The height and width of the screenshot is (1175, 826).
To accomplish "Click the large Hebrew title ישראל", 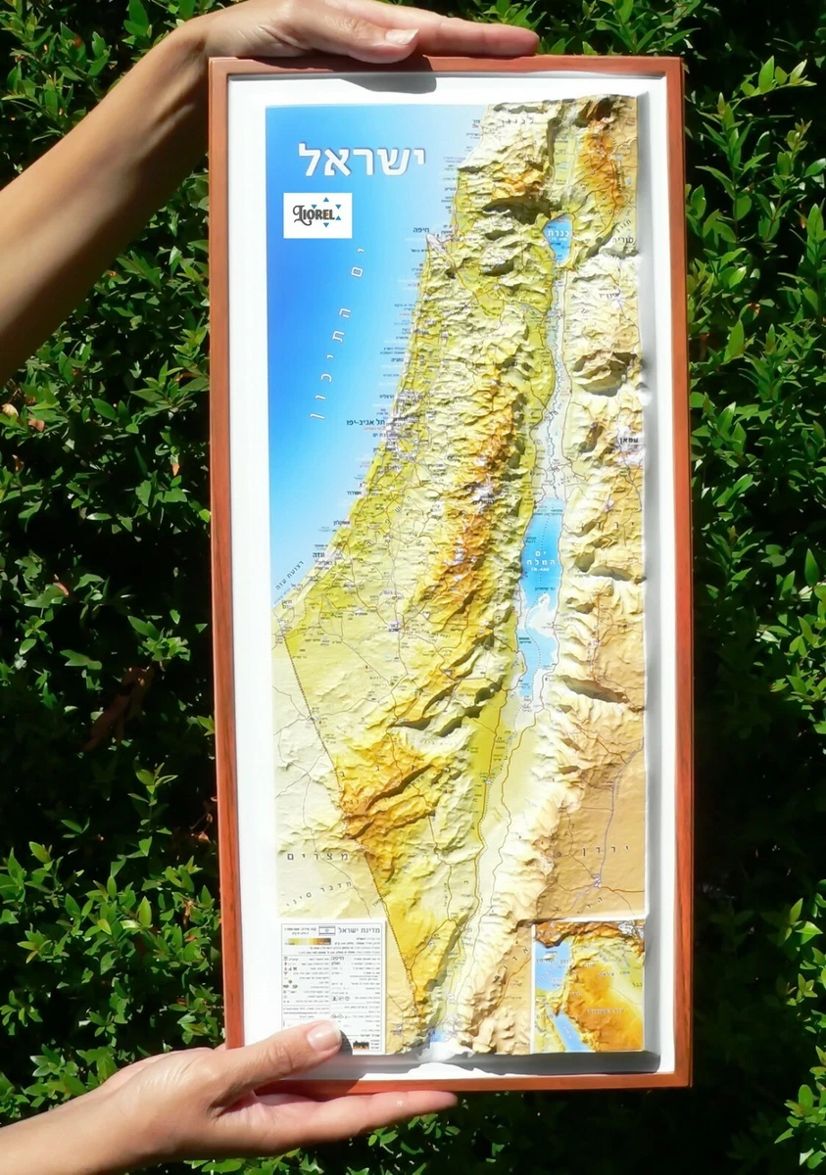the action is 362,159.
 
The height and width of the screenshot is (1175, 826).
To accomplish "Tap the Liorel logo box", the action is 317,215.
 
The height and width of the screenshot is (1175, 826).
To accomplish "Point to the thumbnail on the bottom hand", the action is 323,1037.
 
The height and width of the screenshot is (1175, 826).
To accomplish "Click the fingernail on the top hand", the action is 402,36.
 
